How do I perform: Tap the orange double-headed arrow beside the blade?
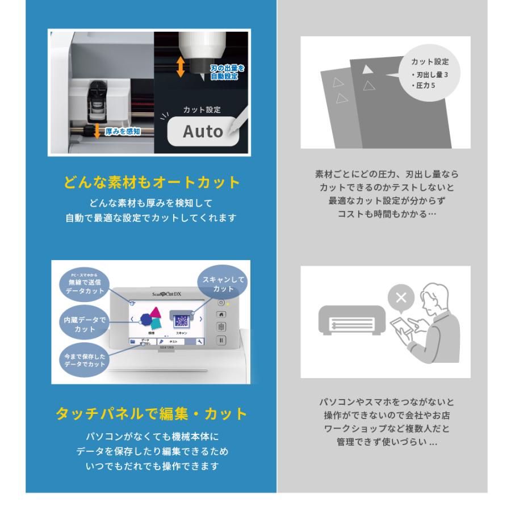(x=181, y=66)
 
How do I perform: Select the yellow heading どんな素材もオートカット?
(x=151, y=183)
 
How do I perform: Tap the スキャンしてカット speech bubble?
(x=223, y=284)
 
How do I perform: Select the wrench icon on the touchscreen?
(x=199, y=342)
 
